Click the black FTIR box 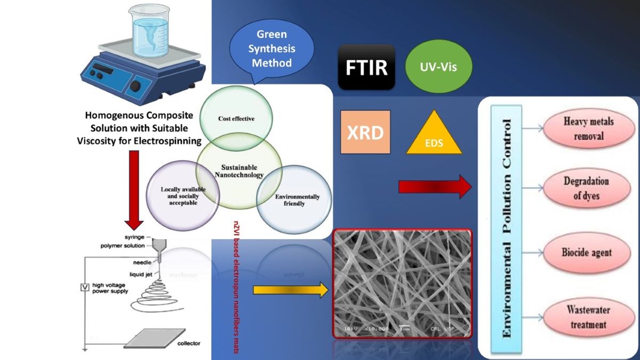click(366, 67)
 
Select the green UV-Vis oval click(439, 67)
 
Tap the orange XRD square click(365, 132)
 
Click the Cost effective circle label click(236, 118)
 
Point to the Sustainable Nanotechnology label click(238, 170)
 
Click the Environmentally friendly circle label click(297, 199)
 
